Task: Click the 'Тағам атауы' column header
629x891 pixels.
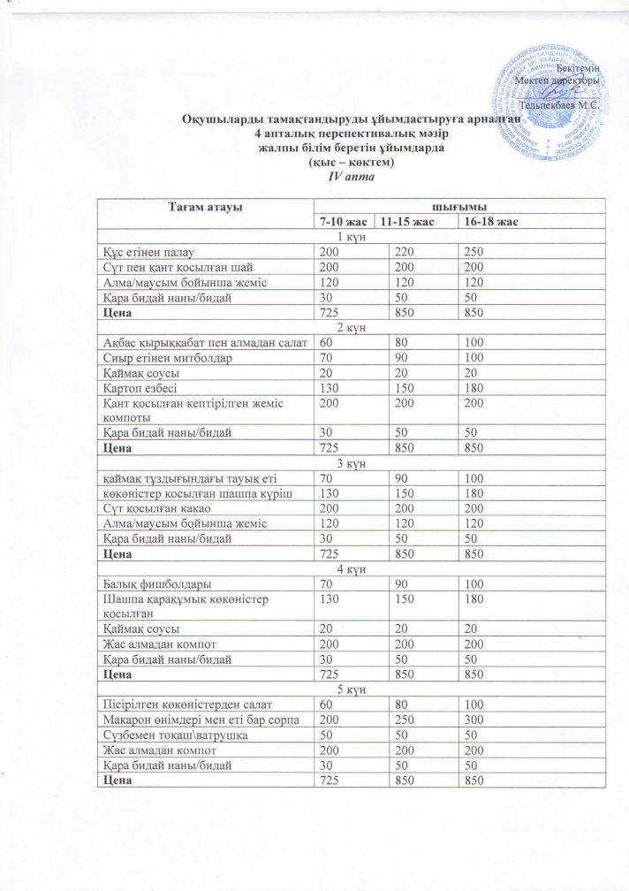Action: [205, 206]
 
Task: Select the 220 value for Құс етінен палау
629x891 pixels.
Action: [402, 251]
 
